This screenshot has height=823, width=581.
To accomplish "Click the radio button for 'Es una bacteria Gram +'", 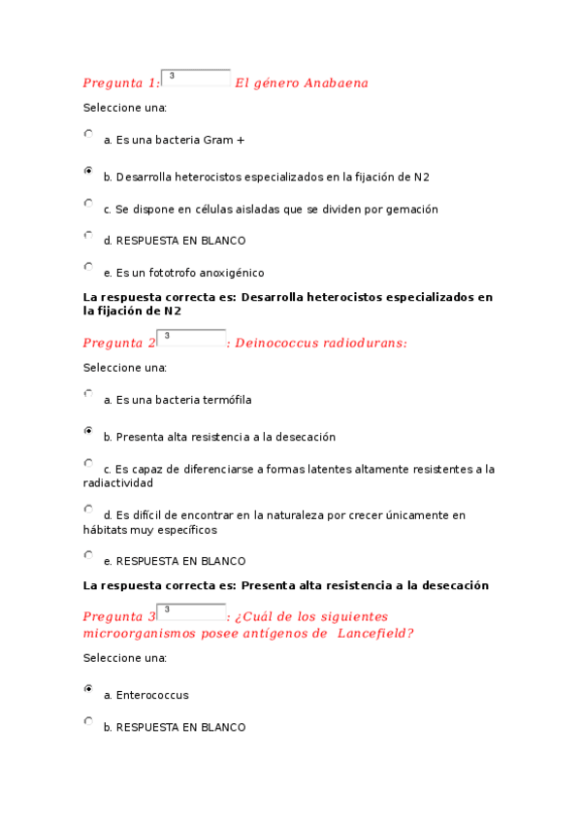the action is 89,135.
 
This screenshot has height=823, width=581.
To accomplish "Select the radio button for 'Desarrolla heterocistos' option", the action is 89,170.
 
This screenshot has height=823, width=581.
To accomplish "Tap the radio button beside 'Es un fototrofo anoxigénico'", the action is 89,266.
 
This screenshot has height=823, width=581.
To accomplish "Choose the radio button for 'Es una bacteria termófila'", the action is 89,394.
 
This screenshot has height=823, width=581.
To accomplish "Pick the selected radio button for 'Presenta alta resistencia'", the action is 89,430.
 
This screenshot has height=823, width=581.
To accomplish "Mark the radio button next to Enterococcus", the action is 89,688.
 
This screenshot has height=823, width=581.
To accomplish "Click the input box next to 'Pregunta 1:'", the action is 195,78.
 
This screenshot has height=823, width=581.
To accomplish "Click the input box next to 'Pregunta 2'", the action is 191,338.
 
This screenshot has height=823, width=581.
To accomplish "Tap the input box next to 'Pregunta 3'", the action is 191,611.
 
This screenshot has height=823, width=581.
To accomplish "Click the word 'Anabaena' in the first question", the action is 336,83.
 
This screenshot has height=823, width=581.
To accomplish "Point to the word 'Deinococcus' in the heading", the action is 276,344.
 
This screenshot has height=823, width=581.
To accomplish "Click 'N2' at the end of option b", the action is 421,177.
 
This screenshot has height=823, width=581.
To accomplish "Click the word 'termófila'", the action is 227,400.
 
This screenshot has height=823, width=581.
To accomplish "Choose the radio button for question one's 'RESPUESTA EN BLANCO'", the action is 89,235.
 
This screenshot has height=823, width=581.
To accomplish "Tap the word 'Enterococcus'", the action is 151,695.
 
